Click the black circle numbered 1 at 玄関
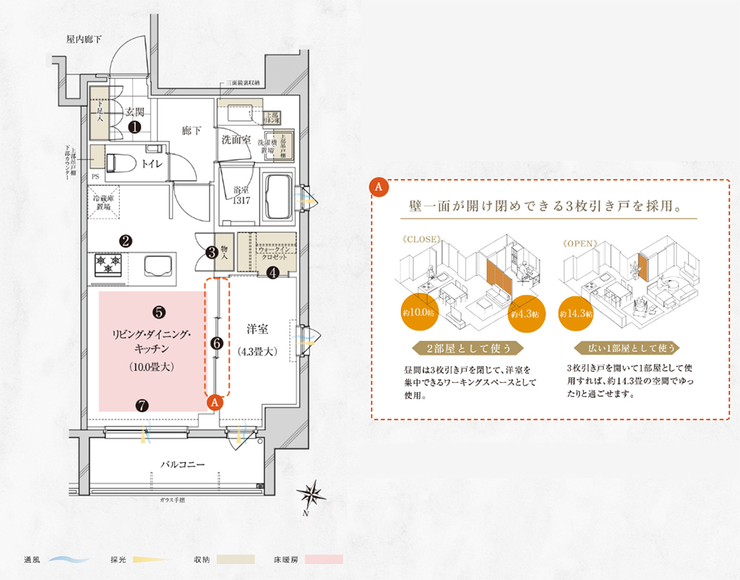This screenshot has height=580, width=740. [135, 127]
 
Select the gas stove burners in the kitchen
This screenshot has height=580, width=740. [109, 264]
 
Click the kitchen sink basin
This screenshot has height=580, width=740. [157, 265]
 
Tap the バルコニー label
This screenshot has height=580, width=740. [182, 464]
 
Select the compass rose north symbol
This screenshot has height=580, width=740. [312, 493]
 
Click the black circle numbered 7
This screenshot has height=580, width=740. [142, 405]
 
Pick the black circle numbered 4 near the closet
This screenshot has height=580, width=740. [272, 273]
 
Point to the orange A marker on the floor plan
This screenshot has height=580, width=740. [215, 402]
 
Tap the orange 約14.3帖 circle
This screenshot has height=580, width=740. [578, 313]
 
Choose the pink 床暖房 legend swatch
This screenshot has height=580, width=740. [323, 560]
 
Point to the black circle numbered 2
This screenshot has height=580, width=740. [126, 240]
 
